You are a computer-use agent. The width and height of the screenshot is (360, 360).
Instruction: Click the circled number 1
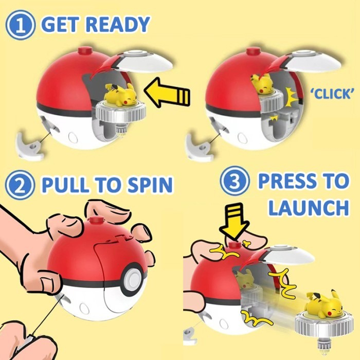tap(20, 25)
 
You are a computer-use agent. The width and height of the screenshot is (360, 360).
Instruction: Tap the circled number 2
tap(20, 185)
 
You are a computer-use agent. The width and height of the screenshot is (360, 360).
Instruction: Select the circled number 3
tap(235, 181)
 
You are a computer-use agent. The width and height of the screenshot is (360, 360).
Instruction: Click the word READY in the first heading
tap(118, 24)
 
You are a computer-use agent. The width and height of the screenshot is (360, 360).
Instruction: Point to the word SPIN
tap(150, 184)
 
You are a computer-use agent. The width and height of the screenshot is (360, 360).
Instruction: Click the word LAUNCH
tap(309, 207)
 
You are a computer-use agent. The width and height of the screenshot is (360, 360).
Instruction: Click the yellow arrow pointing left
tap(167, 93)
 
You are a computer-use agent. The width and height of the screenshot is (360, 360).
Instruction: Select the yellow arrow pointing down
tap(234, 222)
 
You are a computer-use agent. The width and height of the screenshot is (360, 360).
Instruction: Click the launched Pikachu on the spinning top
tap(323, 304)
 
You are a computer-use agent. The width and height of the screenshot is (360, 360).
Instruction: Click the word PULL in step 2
tap(65, 184)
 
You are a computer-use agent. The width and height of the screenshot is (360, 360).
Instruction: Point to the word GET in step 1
tap(61, 24)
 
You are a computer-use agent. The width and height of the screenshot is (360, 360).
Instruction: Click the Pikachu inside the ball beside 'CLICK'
tap(262, 83)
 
